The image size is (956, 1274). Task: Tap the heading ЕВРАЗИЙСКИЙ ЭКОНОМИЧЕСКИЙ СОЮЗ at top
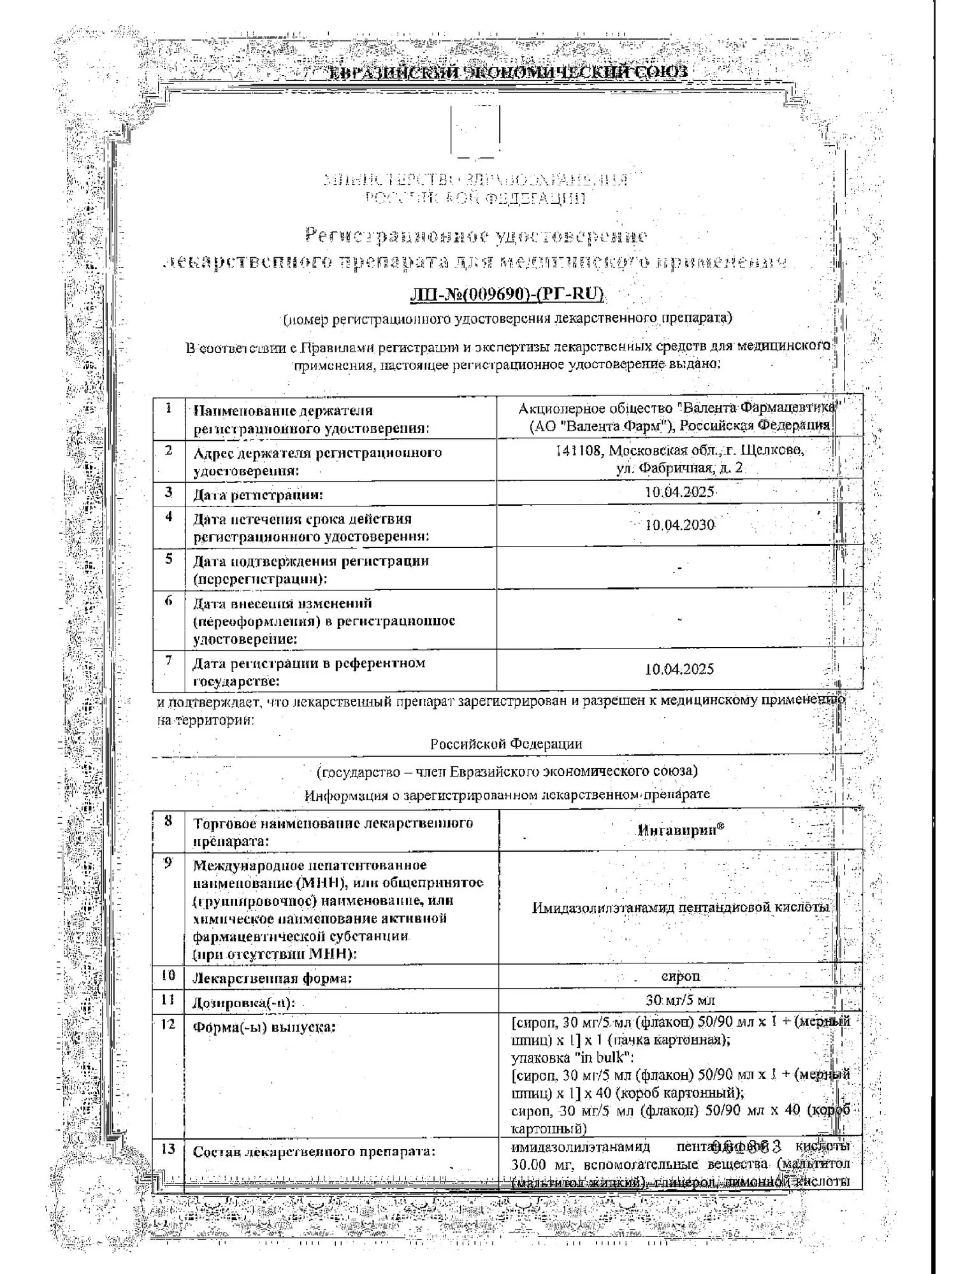508,72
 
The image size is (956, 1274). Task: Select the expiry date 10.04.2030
679,526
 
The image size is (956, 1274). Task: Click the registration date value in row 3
679,492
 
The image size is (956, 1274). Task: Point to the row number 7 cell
168,661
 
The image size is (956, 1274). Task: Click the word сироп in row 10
681,976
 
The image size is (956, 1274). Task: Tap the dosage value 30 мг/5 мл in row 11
681,1000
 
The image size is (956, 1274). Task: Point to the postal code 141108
578,451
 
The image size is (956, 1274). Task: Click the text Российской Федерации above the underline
506,744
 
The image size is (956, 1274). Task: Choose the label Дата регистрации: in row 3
258,494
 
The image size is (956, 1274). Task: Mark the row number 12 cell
168,1022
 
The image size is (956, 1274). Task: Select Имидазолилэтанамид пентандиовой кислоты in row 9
681,907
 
